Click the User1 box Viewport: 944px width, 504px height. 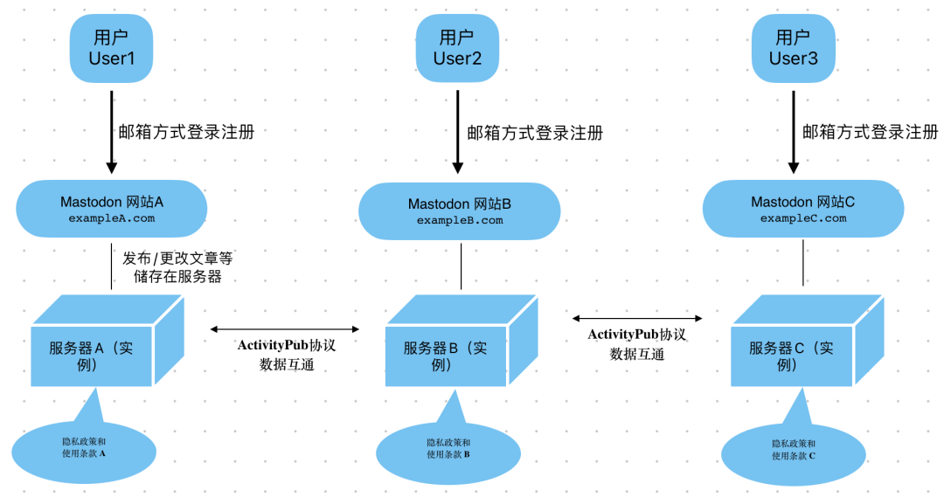coord(111,47)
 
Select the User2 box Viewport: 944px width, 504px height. coord(457,47)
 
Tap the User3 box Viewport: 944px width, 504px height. coord(793,47)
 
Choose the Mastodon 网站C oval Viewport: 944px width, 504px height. coord(802,209)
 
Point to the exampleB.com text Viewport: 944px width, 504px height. coord(460,220)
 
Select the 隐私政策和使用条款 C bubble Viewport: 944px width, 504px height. coord(794,451)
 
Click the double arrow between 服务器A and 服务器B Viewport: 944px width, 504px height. coord(285,329)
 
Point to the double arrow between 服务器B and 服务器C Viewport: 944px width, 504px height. coord(637,319)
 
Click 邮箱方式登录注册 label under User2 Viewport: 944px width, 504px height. coord(534,134)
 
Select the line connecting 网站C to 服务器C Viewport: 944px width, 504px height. coord(803,262)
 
